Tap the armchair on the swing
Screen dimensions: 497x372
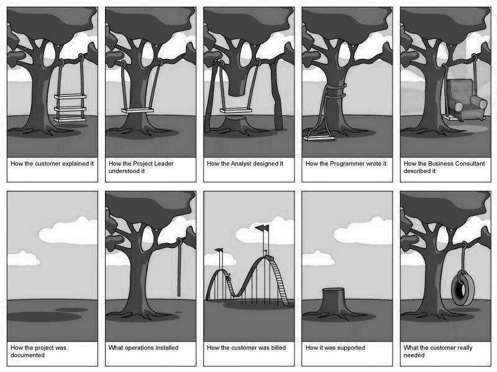465,99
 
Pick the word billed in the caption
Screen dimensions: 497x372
278,348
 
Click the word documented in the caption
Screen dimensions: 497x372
27,355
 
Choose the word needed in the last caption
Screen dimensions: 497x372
414,355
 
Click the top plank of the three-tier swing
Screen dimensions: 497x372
70,97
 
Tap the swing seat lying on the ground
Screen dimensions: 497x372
319,138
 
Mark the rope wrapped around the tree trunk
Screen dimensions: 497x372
335,91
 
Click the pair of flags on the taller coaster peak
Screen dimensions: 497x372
262,228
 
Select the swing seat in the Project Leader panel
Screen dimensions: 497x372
137,111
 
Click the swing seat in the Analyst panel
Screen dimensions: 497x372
236,111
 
